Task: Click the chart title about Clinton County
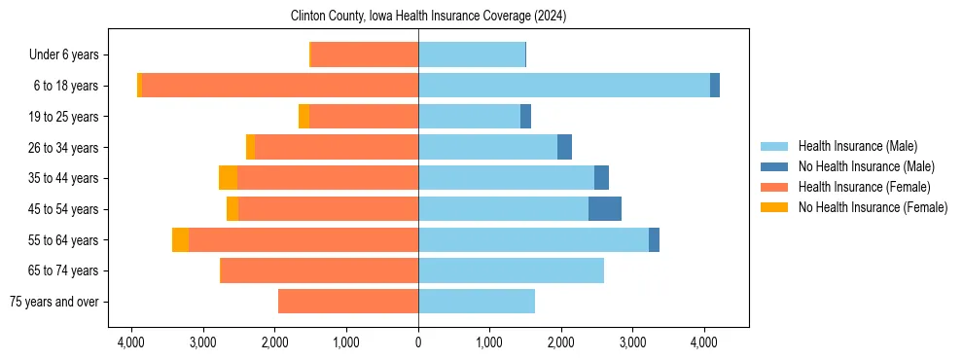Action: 428,17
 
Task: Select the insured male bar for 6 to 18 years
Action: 564,86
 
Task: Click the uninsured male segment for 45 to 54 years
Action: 604,209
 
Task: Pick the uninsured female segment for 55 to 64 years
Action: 180,240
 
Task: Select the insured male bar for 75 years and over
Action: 477,302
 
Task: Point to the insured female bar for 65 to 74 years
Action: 320,270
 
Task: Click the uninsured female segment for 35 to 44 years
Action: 228,178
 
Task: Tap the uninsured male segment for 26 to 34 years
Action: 564,147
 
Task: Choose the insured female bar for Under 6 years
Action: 365,54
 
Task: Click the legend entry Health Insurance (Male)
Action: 857,146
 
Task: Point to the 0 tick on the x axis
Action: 418,342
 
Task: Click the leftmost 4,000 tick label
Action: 131,342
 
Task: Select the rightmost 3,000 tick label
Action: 633,342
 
